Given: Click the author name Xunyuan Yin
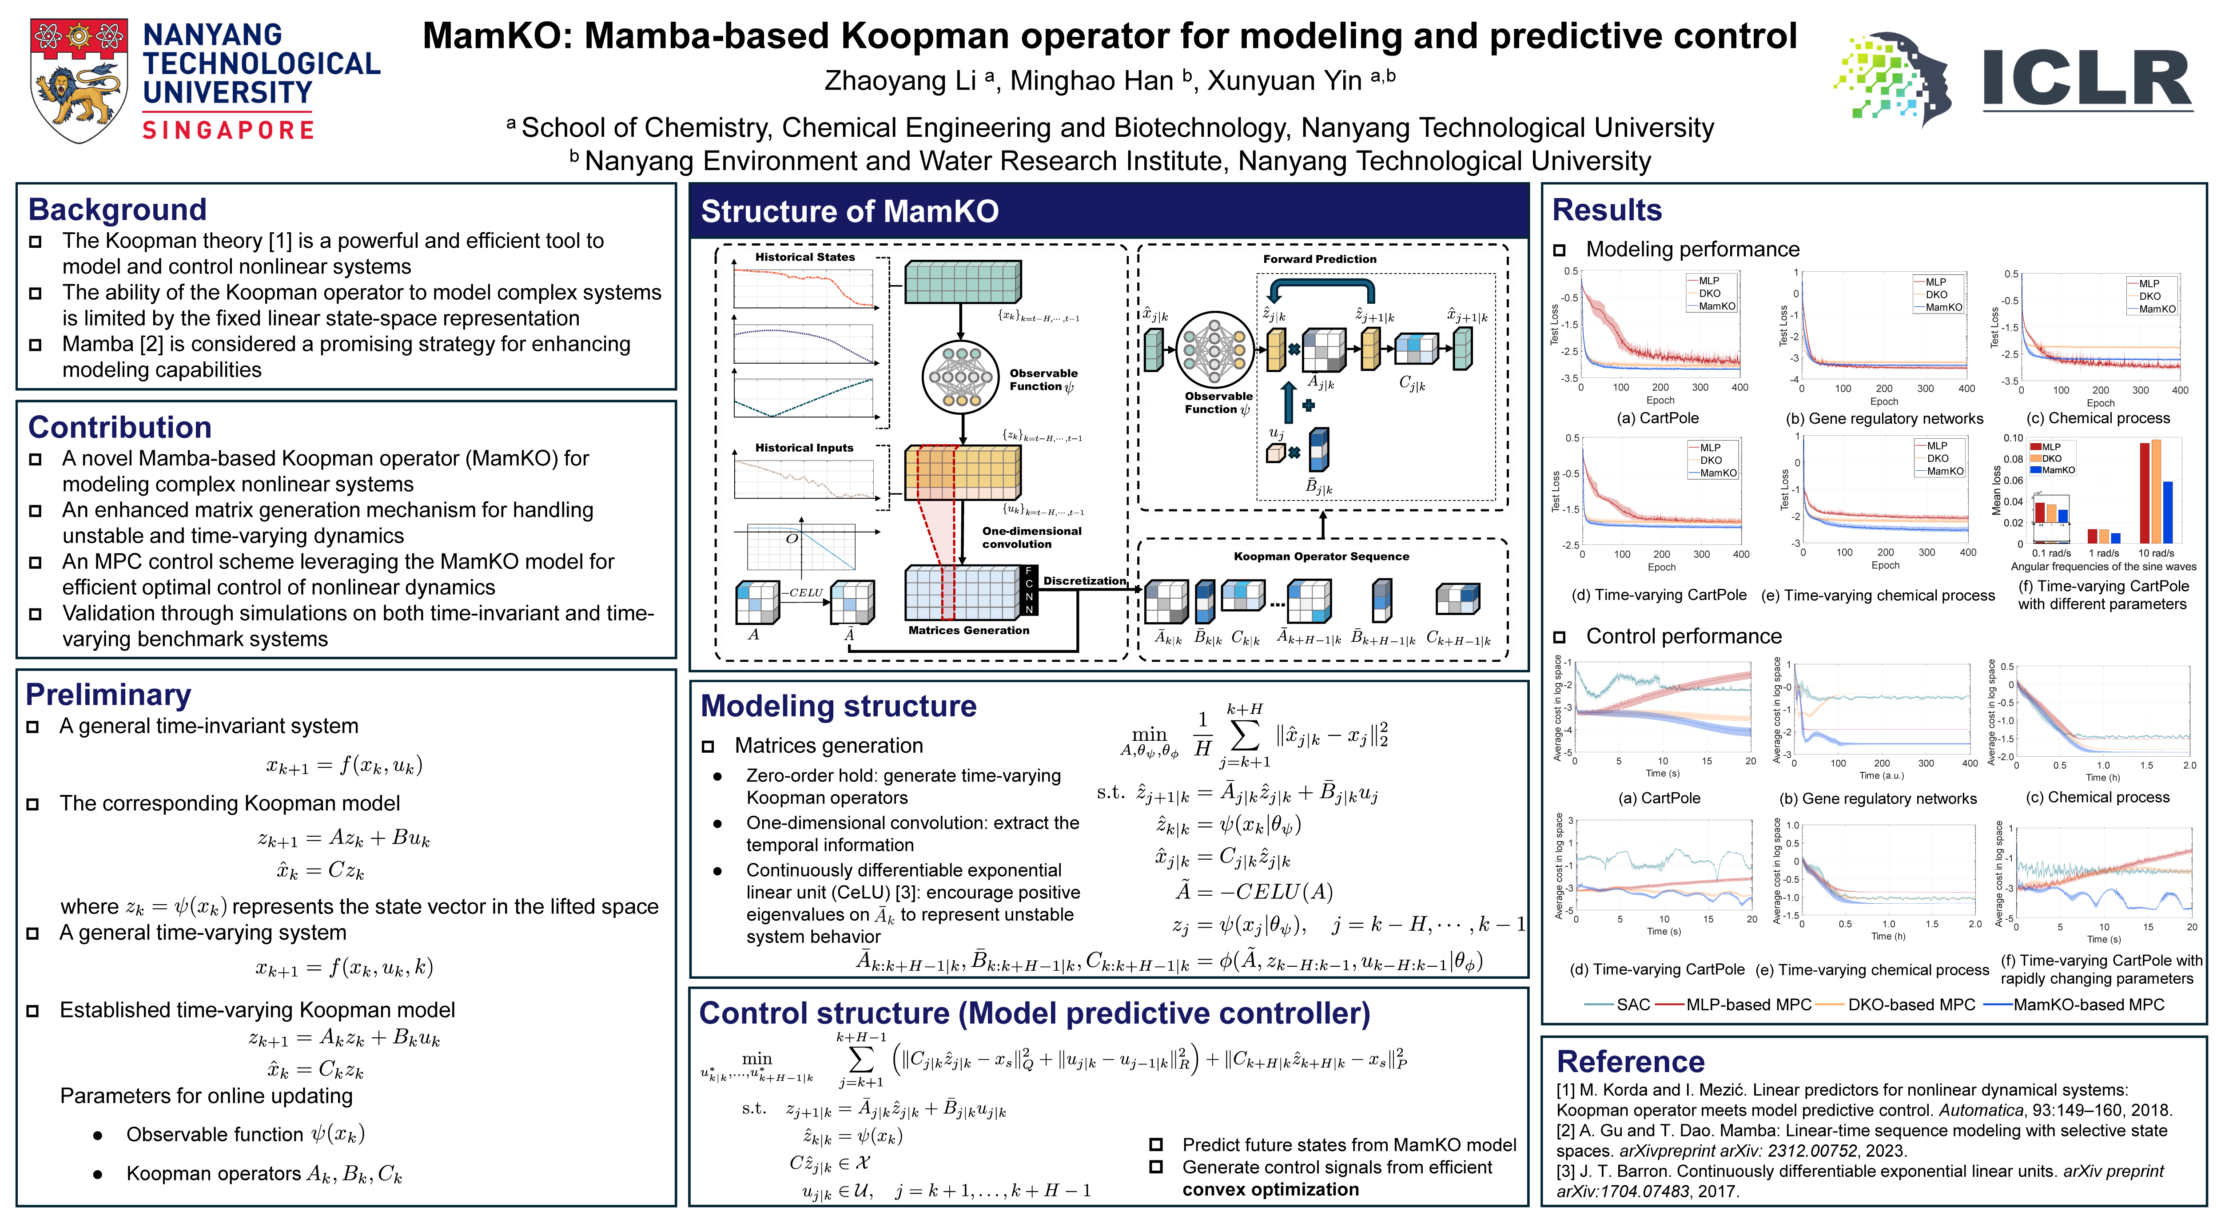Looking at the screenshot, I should point(1285,80).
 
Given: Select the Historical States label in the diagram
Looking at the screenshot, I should point(804,257).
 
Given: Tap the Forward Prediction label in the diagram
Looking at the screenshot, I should point(1319,258).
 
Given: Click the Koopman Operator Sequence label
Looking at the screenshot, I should point(1321,556).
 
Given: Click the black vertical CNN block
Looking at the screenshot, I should point(1029,591).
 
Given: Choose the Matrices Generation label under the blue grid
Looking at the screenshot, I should point(968,630).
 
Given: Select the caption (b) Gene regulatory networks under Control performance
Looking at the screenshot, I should point(1878,798).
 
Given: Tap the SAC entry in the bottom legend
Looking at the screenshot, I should point(1632,1005).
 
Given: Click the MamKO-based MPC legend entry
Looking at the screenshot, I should point(2088,1005).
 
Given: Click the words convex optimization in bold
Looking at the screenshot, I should point(1270,1190).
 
